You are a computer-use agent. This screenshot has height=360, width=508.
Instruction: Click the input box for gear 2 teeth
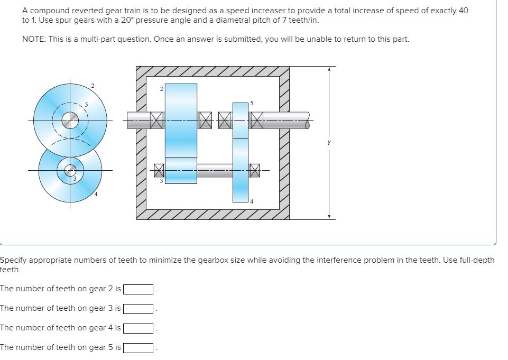(x=138, y=289)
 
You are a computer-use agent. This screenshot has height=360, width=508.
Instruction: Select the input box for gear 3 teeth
(x=138, y=309)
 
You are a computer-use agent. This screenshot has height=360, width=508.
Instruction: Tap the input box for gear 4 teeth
(x=138, y=328)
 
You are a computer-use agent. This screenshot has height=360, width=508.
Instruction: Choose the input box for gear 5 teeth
(x=138, y=348)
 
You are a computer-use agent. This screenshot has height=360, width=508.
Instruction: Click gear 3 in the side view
(x=181, y=170)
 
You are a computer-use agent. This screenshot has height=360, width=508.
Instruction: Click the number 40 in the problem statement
(x=463, y=11)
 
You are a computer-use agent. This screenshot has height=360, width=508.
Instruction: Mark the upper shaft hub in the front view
(x=70, y=121)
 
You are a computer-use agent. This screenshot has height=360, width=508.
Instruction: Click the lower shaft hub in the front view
(x=70, y=170)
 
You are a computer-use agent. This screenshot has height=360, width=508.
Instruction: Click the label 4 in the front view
(x=96, y=195)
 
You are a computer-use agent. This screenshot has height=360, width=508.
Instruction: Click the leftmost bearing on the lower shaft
(x=159, y=170)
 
